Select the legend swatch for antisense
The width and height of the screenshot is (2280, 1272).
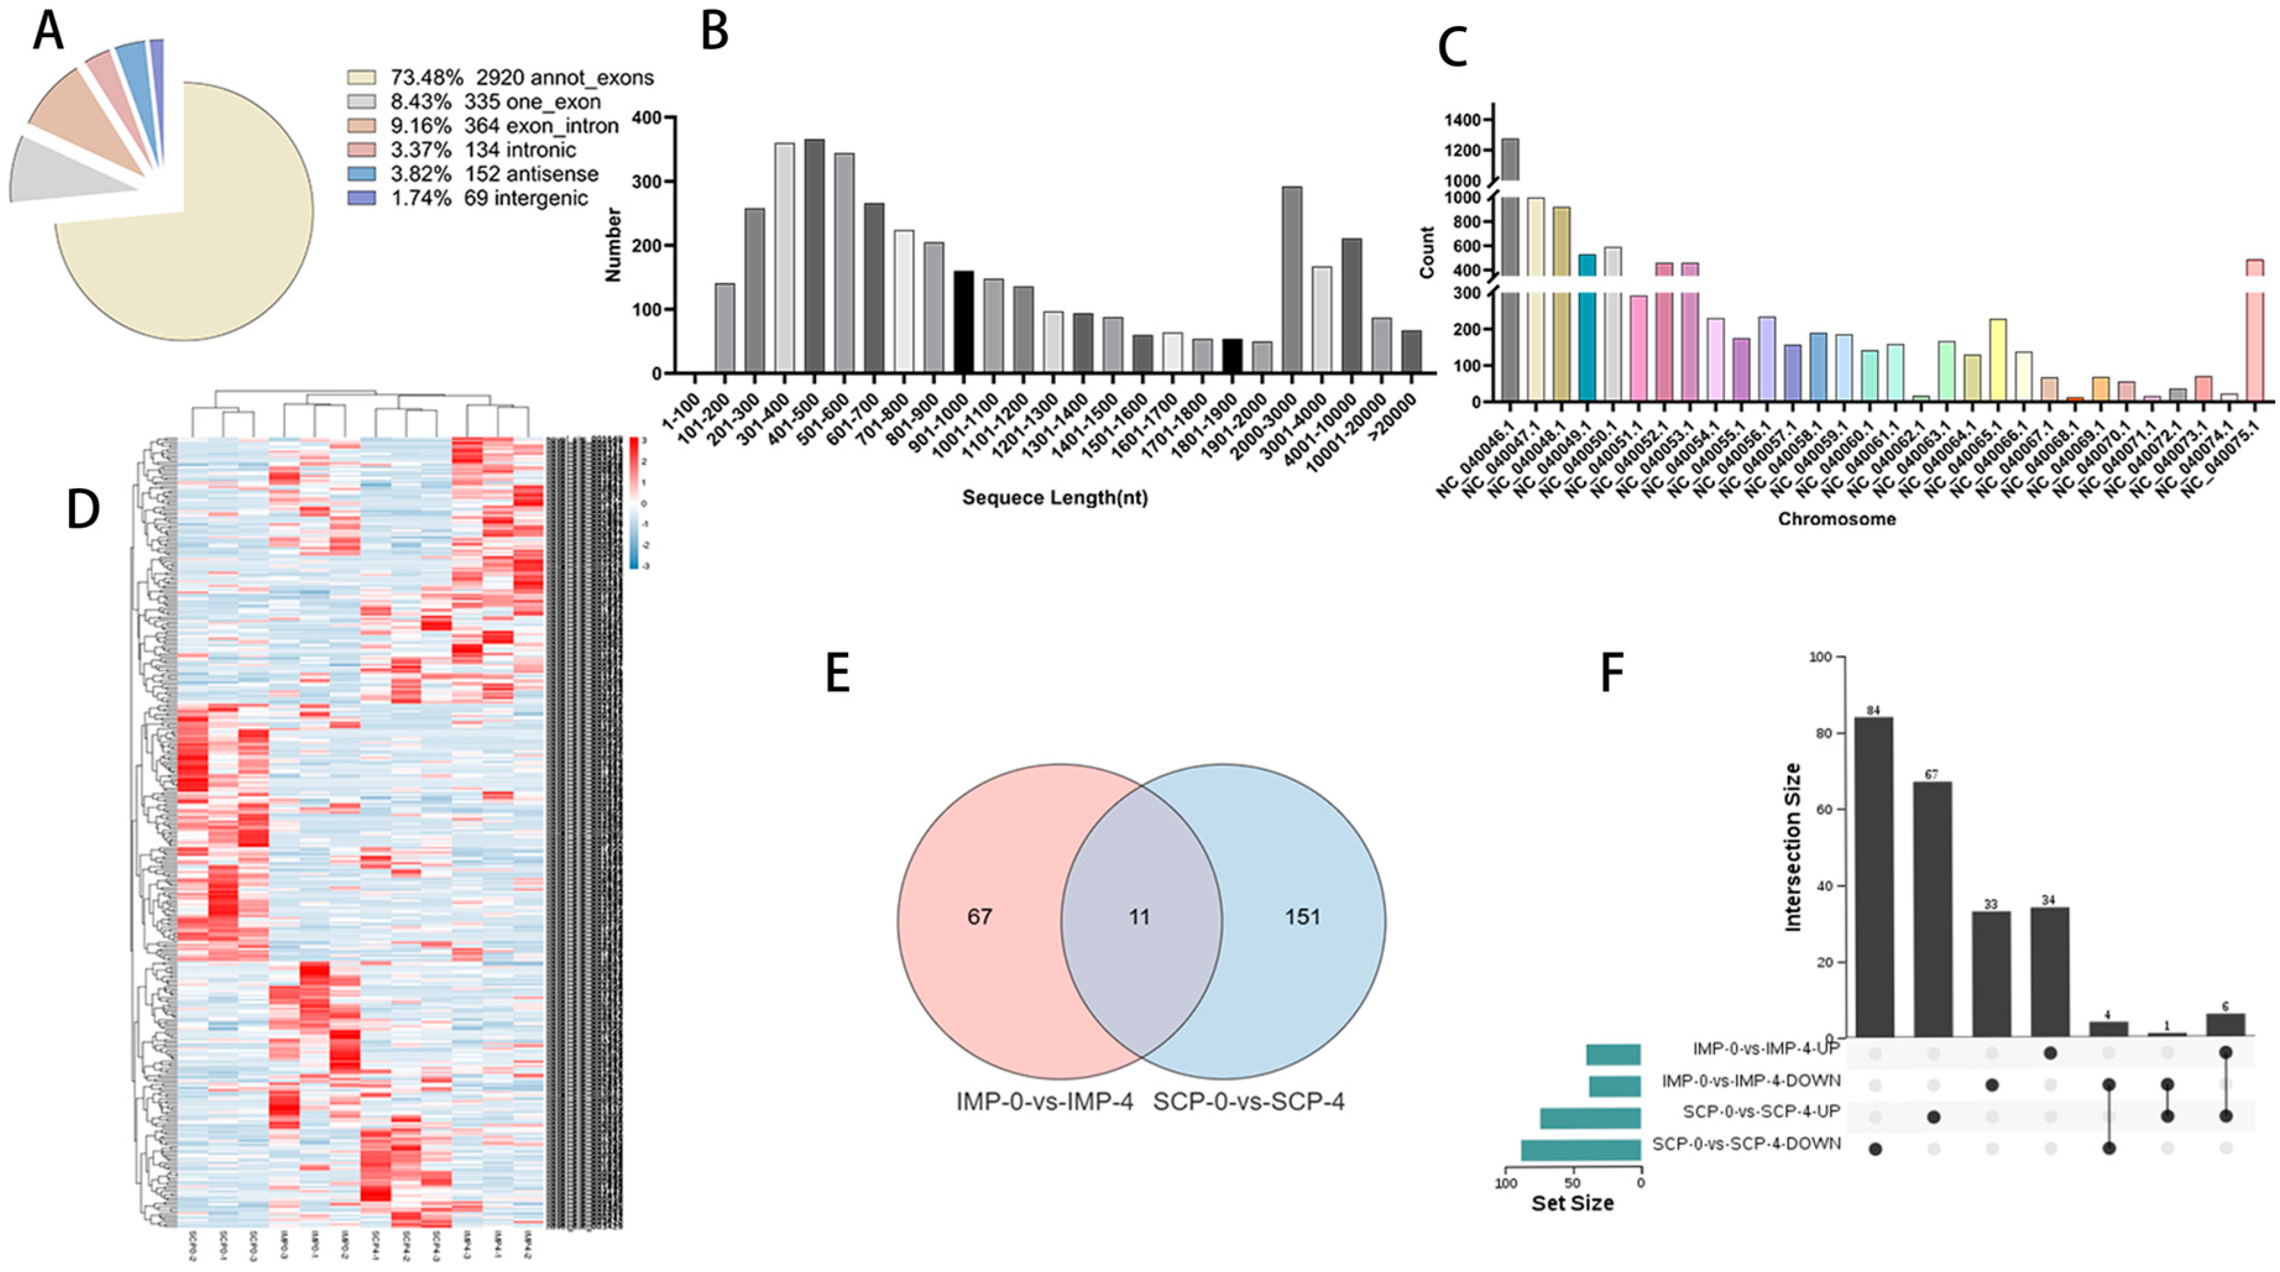click(361, 174)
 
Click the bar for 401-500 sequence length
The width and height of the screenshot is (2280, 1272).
click(814, 257)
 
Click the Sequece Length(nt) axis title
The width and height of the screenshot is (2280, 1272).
click(1055, 498)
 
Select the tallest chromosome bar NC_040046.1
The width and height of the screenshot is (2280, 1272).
click(1510, 266)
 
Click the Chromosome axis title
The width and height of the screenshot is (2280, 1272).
click(1837, 519)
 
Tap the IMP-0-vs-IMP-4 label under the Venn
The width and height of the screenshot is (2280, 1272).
click(1044, 1102)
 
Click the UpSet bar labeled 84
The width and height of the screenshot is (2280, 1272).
click(1874, 876)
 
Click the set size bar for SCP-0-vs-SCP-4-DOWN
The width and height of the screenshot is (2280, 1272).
click(1581, 1150)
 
